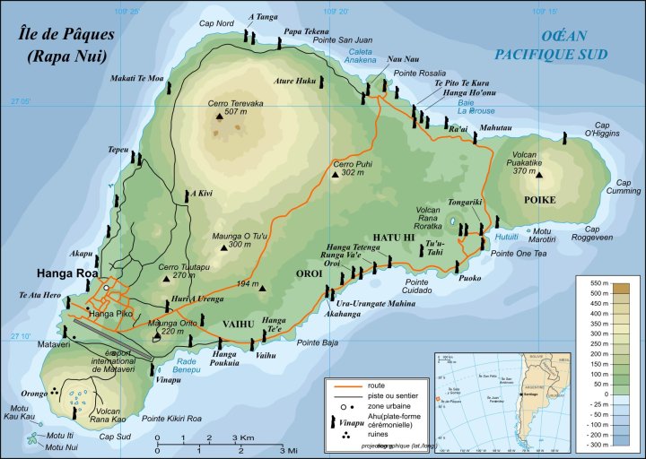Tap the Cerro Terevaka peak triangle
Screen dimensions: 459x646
coord(219,115)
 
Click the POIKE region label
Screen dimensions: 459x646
coord(539,200)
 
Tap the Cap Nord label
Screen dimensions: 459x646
coord(215,22)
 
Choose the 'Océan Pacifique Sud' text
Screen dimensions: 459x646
coord(574,45)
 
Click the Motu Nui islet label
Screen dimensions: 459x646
coord(62,447)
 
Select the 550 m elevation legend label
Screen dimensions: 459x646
coord(600,284)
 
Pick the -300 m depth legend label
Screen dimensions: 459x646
coord(600,445)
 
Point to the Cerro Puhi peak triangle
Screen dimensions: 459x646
coord(335,175)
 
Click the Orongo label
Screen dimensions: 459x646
coord(34,393)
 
